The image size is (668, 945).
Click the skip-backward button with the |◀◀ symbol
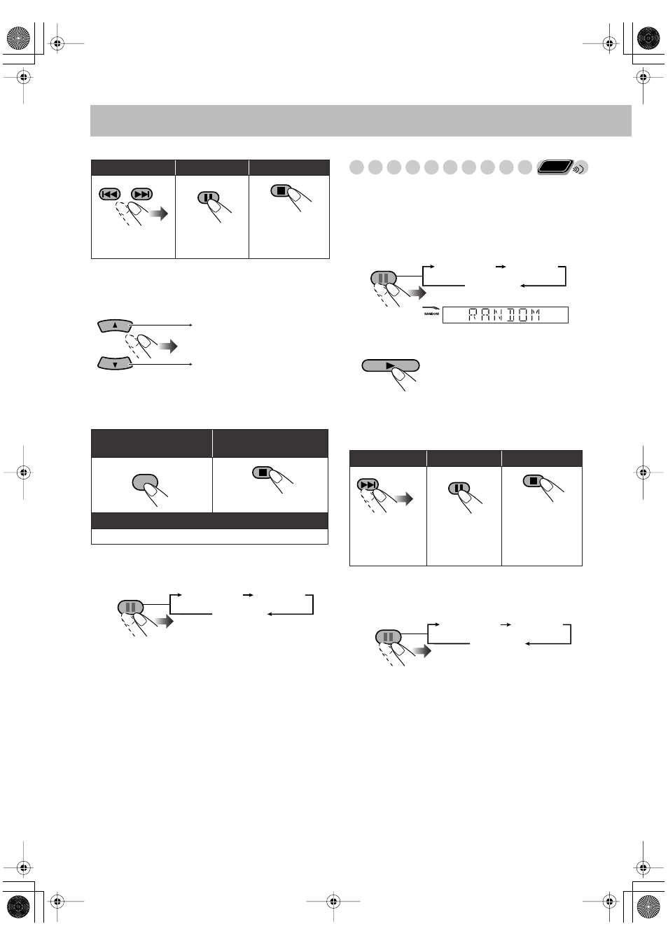110,194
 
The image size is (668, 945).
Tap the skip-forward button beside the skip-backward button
141,194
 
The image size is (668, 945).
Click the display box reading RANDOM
505,315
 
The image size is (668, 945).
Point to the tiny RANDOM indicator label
431,314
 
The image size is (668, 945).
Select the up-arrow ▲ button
115,325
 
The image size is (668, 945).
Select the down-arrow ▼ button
115,364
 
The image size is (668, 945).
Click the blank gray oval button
145,482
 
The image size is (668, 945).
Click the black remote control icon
555,167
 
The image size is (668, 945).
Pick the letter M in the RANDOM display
535,315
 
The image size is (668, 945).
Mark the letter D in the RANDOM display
510,315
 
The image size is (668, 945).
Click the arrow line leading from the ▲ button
161,325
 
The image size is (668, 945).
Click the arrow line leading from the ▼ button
161,364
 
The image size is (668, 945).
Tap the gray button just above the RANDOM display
384,279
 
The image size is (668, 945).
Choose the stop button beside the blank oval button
263,472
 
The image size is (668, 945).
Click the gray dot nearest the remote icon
525,167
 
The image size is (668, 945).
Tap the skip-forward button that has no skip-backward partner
368,484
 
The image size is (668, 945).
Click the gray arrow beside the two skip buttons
159,214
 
